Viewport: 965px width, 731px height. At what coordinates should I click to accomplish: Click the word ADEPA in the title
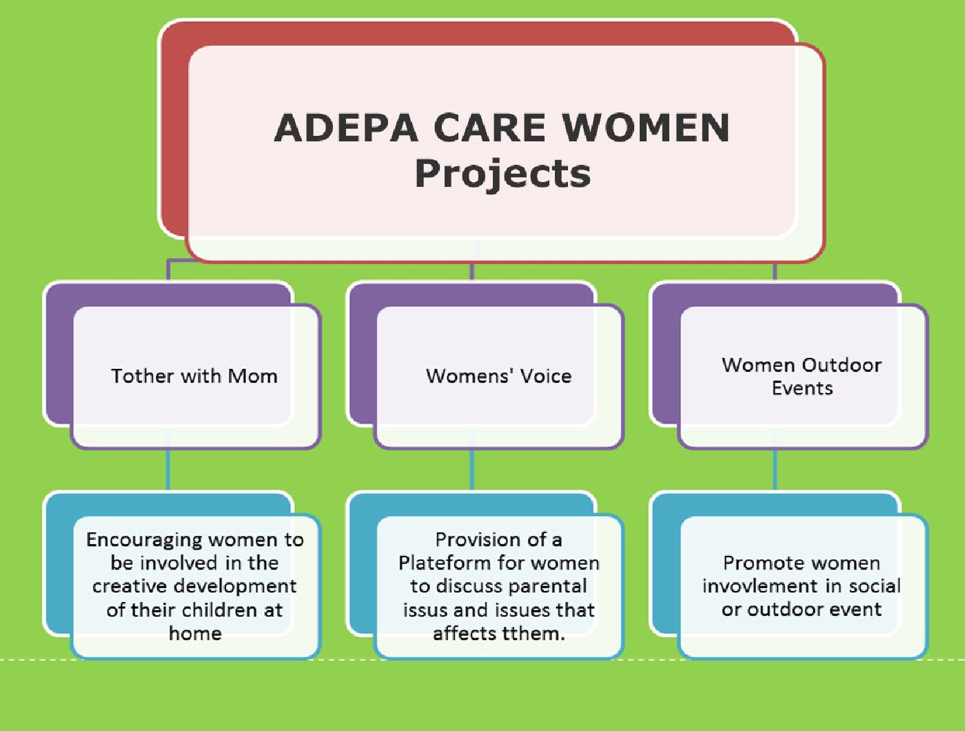pyautogui.click(x=346, y=128)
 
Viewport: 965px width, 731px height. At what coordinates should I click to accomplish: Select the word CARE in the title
pyautogui.click(x=490, y=128)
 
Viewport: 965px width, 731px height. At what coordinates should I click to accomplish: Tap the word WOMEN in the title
pyautogui.click(x=647, y=128)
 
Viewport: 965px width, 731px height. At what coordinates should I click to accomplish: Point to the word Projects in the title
pyautogui.click(x=502, y=174)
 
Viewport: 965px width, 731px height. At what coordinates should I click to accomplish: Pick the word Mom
pyautogui.click(x=252, y=376)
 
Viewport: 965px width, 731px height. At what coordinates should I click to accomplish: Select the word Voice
pyautogui.click(x=546, y=376)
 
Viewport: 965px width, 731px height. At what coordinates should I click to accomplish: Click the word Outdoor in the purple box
pyautogui.click(x=842, y=365)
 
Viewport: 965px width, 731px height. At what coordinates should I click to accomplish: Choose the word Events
pyautogui.click(x=802, y=388)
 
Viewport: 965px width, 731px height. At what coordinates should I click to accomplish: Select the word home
pyautogui.click(x=195, y=634)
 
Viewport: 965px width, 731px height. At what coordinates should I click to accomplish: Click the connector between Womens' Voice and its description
pyautogui.click(x=471, y=470)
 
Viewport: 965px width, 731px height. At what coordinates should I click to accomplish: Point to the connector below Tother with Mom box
pyautogui.click(x=168, y=470)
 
